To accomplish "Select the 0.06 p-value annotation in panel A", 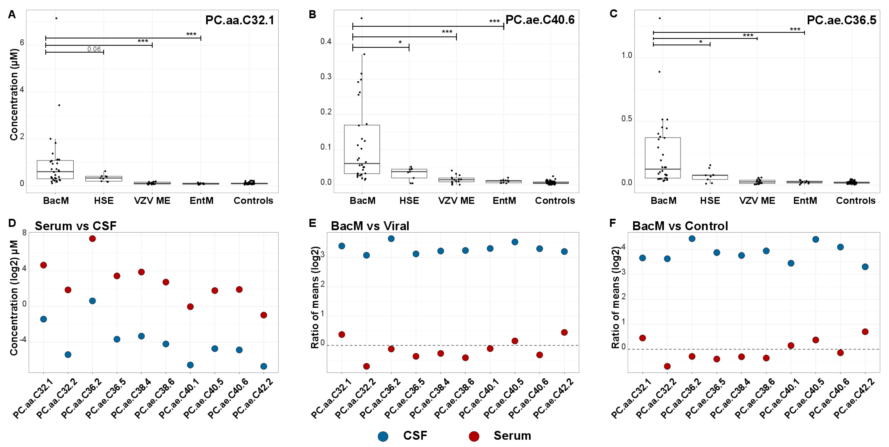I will pyautogui.click(x=94, y=49).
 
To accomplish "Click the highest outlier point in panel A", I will pyautogui.click(x=56, y=18).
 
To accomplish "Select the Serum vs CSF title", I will pyautogui.click(x=76, y=226).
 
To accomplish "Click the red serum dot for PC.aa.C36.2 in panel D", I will pyautogui.click(x=92, y=239).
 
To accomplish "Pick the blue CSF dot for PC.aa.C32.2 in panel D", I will pyautogui.click(x=68, y=355).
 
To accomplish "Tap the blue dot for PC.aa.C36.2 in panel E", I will pyautogui.click(x=391, y=239).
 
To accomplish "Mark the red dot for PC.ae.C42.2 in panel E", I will pyautogui.click(x=564, y=332).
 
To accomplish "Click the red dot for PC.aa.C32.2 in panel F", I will pyautogui.click(x=667, y=366).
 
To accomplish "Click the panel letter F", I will pyautogui.click(x=613, y=223).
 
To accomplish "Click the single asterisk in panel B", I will pyautogui.click(x=400, y=42).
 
